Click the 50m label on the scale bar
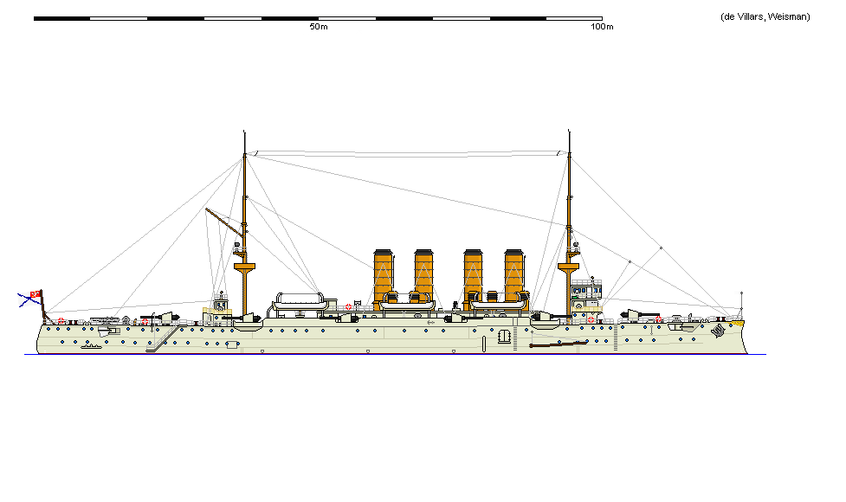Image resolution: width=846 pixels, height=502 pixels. coord(319,27)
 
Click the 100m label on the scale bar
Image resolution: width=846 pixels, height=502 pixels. coord(602,27)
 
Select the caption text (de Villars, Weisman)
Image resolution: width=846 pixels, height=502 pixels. coord(765,16)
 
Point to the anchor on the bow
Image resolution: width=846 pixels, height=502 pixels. coord(718,330)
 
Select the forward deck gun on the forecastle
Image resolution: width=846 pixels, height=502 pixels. coord(639,315)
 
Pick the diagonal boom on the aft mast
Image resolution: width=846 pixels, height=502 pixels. coord(224,222)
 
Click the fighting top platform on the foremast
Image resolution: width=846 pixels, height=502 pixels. coord(569,267)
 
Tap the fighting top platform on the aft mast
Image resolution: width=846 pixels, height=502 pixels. coord(244,267)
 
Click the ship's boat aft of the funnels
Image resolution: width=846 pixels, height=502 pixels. coord(300,301)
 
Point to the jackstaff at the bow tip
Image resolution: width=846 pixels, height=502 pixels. coord(741,306)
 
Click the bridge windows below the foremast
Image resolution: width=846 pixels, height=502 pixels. coord(586,291)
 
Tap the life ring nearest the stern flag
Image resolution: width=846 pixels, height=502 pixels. coord(61,321)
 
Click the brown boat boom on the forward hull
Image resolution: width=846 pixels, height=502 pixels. coord(559,344)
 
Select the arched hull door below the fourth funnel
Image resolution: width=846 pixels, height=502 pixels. coord(505,336)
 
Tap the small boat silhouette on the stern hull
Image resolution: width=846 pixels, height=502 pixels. coord(91,347)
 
